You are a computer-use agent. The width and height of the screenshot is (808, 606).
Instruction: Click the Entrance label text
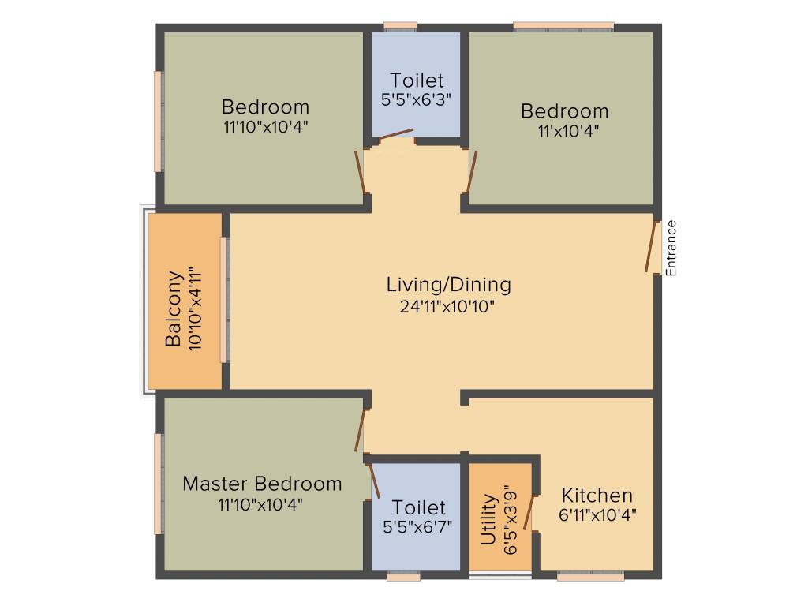(671, 248)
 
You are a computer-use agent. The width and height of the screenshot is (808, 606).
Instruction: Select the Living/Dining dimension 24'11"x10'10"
(448, 307)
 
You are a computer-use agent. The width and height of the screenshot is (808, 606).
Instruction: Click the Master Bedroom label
(262, 483)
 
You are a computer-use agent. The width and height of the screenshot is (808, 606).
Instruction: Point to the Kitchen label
(597, 496)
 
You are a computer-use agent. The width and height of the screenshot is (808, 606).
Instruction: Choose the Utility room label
(488, 520)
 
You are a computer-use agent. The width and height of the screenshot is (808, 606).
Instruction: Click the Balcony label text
(174, 309)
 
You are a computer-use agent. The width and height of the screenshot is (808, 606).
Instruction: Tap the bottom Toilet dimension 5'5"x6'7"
(418, 527)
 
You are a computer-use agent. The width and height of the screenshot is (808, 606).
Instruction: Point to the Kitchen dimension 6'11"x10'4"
(597, 515)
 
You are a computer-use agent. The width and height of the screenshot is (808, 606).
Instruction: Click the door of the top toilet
(396, 135)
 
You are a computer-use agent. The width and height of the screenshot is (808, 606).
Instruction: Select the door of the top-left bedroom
(360, 170)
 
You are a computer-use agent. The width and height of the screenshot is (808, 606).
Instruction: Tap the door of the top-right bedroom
(472, 170)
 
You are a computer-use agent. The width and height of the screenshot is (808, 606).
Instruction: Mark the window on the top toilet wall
(400, 27)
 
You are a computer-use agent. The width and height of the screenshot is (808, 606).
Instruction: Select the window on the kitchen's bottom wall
(590, 577)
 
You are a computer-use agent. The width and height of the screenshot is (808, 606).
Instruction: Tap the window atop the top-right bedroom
(563, 27)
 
